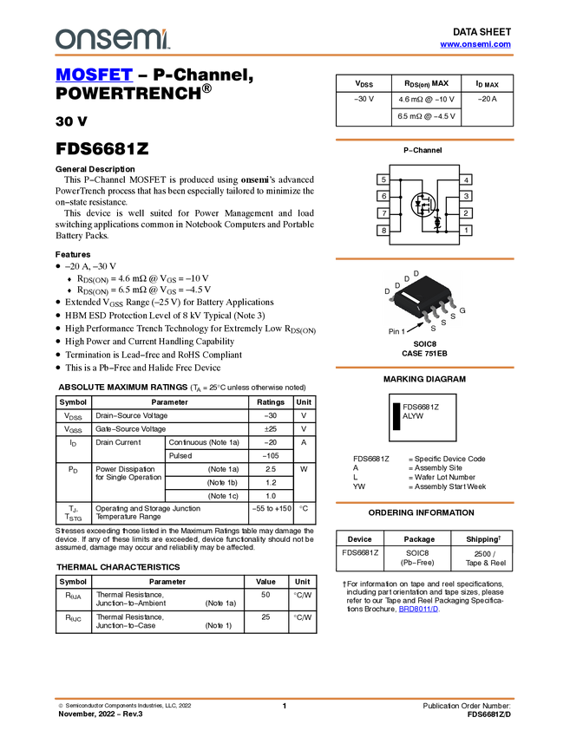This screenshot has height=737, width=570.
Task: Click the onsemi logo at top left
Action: click(113, 38)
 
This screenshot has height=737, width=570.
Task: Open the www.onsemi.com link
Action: click(475, 44)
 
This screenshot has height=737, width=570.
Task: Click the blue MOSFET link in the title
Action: click(94, 75)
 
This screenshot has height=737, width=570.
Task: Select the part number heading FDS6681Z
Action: click(102, 148)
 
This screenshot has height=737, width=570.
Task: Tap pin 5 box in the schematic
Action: click(383, 179)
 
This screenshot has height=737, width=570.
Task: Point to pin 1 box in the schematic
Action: click(466, 231)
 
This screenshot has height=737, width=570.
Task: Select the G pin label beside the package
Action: click(462, 310)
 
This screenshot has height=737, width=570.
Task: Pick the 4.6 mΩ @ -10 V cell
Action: click(426, 99)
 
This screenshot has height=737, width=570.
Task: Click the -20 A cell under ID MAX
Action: click(488, 99)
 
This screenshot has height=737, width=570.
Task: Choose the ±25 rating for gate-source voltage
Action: click(271, 429)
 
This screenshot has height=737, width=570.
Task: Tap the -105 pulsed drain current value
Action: click(271, 456)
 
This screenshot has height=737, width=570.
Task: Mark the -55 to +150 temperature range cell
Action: click(272, 509)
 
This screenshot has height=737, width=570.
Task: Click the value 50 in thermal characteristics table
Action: click(265, 595)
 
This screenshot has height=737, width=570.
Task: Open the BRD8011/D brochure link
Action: click(418, 610)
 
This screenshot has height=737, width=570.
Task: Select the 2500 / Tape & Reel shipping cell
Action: click(482, 558)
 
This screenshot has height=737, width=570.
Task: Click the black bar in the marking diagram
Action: click(396, 416)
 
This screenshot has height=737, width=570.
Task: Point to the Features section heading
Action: click(73, 254)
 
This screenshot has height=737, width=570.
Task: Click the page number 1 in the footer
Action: click(284, 706)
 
